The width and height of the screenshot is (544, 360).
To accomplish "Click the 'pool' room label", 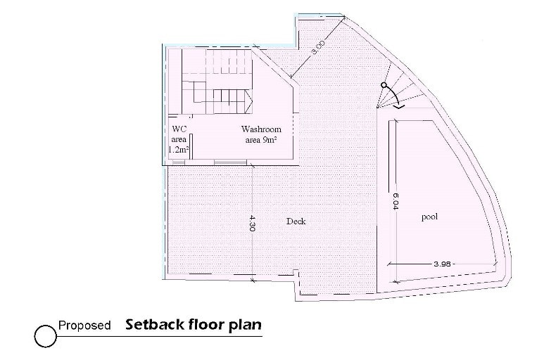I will (x=429, y=217).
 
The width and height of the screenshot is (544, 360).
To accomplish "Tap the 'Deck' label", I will (x=296, y=221).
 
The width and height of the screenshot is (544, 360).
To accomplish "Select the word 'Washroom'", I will (x=261, y=129).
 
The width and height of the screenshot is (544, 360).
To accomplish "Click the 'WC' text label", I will (x=179, y=129).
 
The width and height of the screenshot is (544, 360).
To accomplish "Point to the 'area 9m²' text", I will (x=260, y=140).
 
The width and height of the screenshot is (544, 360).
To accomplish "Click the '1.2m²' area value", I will (x=178, y=150).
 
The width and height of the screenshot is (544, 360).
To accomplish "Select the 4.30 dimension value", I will (x=252, y=223).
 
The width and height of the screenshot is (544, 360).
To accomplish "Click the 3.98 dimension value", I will (x=442, y=264).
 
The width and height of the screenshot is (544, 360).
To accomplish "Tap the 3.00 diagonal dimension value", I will (x=318, y=48).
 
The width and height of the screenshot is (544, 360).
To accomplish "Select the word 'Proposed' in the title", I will (x=84, y=326).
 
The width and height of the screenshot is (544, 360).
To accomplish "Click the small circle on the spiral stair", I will (x=384, y=86).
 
